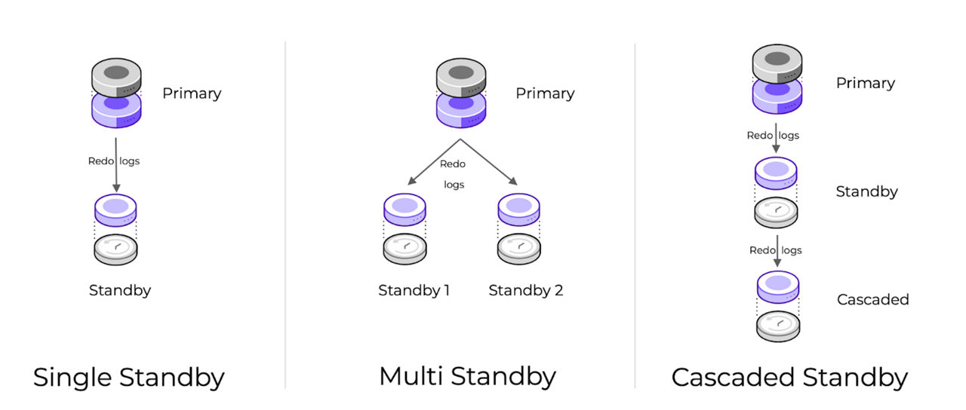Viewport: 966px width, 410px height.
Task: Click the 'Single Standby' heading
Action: point(128,378)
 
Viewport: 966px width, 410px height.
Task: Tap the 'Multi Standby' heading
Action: point(467,375)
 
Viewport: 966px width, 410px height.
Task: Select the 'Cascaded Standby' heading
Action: point(789,378)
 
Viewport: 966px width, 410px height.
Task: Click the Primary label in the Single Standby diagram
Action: point(192,93)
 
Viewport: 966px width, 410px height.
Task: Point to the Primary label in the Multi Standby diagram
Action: point(545,93)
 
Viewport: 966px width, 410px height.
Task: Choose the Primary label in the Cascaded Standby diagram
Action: point(865,83)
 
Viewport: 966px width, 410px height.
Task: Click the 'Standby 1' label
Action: point(414,290)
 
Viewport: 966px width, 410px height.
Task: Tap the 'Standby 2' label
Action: point(525,290)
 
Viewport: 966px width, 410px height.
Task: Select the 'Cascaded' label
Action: point(872,299)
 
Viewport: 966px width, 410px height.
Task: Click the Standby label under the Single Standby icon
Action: point(120,290)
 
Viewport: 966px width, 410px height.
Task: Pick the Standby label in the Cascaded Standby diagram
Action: point(866,191)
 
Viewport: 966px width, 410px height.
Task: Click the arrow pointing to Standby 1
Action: point(433,162)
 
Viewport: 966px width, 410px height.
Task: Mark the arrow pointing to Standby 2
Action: point(489,162)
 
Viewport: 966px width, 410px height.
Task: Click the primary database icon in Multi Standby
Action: point(461,94)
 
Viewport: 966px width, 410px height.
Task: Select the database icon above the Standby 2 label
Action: point(518,228)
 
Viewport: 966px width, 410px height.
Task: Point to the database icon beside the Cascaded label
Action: point(777,307)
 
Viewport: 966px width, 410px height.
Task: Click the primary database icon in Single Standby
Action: point(115,94)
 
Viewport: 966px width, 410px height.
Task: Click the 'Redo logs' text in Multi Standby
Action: point(454,174)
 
